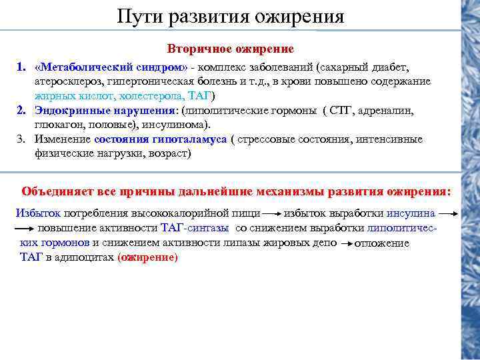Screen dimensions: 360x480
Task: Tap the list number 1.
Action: point(21,67)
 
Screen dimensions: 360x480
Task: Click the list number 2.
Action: point(21,110)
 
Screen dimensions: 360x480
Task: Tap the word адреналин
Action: point(390,110)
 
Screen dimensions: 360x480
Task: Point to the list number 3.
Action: point(21,139)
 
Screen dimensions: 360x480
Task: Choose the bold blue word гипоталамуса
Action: point(191,139)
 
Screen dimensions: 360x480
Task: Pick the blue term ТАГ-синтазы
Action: point(195,228)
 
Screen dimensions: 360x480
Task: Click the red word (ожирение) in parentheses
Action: point(147,257)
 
